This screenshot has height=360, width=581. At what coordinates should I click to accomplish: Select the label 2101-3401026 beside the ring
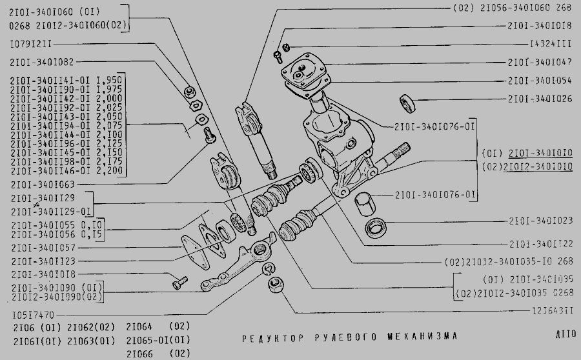pos(540,99)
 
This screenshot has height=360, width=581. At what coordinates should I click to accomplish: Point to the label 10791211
pos(32,45)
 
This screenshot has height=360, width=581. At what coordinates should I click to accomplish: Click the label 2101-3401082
pos(42,63)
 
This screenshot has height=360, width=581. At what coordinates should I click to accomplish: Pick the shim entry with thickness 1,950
pos(66,78)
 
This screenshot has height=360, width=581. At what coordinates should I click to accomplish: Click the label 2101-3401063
pos(42,185)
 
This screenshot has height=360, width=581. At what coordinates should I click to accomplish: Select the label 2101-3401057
pos(42,248)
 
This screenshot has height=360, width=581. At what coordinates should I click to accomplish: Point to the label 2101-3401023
pos(540,221)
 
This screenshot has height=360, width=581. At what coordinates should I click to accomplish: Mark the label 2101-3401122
pos(540,245)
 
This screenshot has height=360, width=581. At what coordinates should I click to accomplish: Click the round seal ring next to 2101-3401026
pos(407,101)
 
